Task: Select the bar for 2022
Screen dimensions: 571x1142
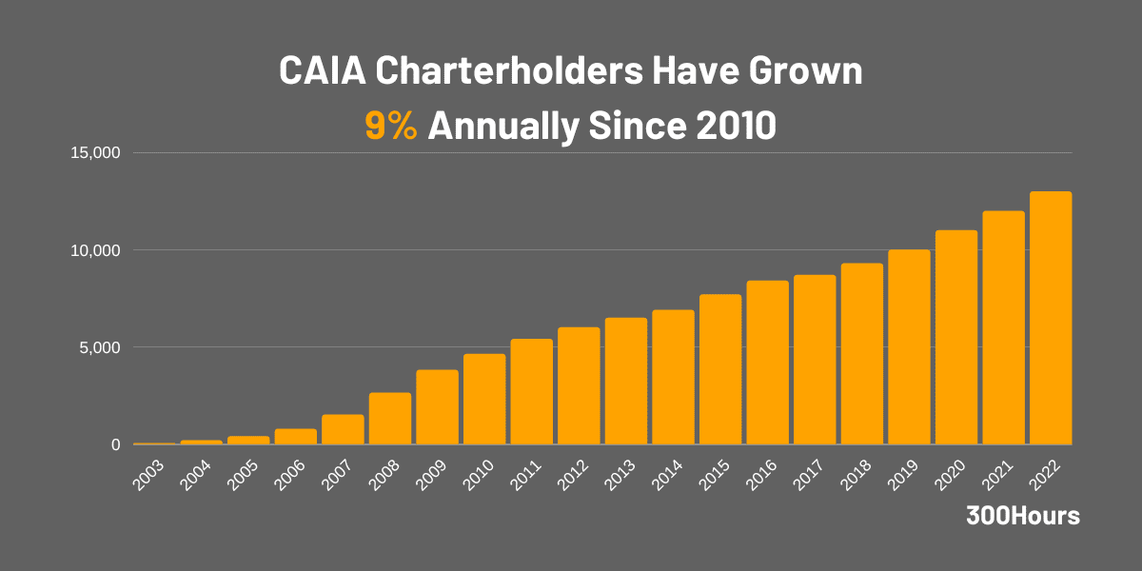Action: pyautogui.click(x=1051, y=318)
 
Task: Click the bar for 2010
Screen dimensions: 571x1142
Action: pyautogui.click(x=484, y=399)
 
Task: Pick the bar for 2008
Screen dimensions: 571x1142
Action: pyautogui.click(x=390, y=419)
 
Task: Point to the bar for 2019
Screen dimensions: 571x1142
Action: pyautogui.click(x=909, y=346)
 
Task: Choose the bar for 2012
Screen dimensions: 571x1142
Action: pyautogui.click(x=579, y=385)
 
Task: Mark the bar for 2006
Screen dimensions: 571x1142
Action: pyautogui.click(x=296, y=437)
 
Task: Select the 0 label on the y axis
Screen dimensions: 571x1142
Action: pyautogui.click(x=115, y=444)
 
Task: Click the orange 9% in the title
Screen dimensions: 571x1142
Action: pyautogui.click(x=391, y=126)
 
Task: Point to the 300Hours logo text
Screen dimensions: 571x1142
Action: pyautogui.click(x=1022, y=516)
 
